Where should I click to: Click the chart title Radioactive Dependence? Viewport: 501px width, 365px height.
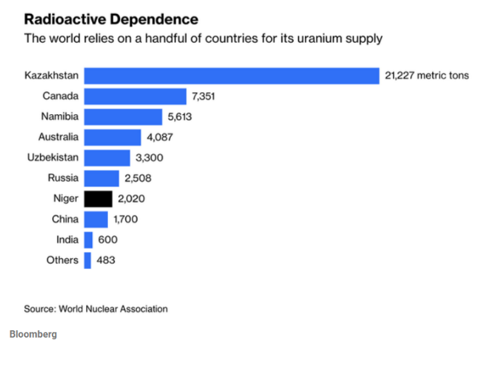(111, 19)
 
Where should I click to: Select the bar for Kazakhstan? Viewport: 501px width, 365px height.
(231, 75)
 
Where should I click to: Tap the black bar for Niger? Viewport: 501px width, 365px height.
(98, 199)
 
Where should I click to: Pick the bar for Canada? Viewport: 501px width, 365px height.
(135, 96)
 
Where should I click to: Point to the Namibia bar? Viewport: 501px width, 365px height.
(123, 117)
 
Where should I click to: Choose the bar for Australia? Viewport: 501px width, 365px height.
(113, 137)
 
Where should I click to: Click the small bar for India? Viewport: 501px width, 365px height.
(88, 240)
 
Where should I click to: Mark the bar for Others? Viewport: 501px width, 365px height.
(87, 260)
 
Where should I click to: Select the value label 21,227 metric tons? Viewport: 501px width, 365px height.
(427, 75)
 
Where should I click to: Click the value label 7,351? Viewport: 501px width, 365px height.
(203, 96)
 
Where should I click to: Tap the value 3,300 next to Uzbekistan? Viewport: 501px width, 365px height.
(149, 158)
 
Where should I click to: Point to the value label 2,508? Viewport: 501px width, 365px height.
(138, 178)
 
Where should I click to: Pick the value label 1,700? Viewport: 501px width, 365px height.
(125, 219)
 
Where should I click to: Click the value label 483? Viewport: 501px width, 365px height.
(106, 260)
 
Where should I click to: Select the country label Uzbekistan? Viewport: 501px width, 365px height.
(53, 157)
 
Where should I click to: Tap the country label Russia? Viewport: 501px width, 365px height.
(63, 178)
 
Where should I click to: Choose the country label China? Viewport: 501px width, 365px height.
(65, 219)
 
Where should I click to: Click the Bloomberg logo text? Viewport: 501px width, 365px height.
(33, 334)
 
